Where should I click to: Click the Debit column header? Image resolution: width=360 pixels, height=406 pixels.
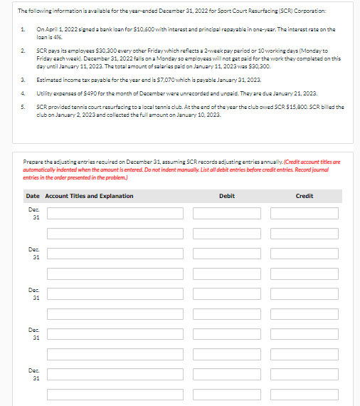pos(227,196)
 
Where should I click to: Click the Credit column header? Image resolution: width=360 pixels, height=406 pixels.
pos(304,196)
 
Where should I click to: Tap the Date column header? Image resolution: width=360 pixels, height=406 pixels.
pos(33,196)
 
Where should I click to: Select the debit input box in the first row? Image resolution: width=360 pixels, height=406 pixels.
pos(227,213)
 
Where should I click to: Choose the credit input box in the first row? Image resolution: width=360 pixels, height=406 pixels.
pos(305,213)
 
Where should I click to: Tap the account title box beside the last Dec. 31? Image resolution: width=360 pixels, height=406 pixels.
pos(115,375)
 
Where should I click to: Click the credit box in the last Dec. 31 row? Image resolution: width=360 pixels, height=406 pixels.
pos(305,375)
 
